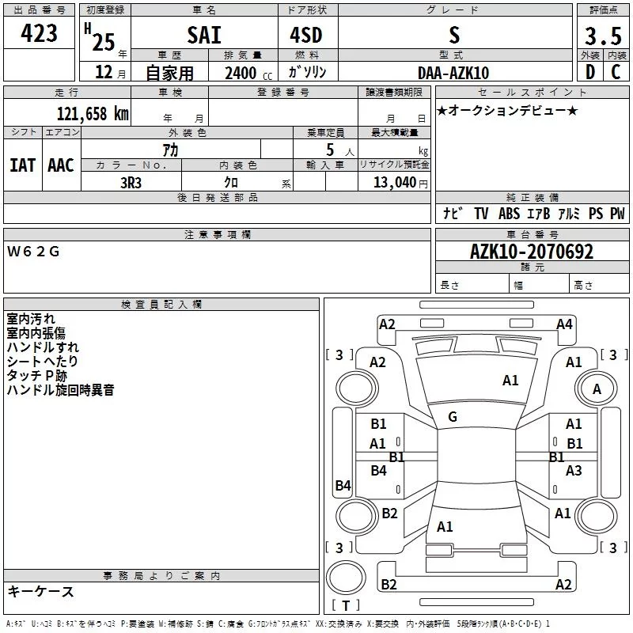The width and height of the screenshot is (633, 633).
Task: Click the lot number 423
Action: (x=39, y=32)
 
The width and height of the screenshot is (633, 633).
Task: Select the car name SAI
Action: (x=204, y=35)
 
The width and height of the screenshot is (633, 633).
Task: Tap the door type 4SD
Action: (x=306, y=35)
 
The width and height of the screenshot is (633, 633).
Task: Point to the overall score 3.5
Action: (x=603, y=36)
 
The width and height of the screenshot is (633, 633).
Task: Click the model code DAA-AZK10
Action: (x=453, y=73)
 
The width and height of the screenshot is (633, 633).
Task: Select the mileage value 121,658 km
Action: (x=93, y=113)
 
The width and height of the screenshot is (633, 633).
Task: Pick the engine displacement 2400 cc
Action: (x=248, y=73)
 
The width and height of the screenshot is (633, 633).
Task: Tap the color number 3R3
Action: (x=131, y=183)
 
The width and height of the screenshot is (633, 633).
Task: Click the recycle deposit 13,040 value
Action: (x=395, y=182)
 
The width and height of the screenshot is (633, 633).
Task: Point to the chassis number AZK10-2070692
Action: (x=532, y=252)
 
